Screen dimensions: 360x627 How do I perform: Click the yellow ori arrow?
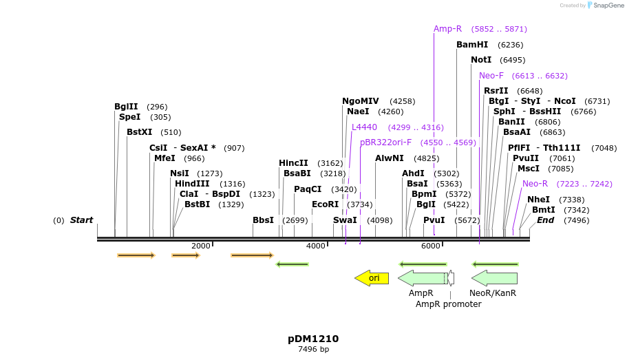372,278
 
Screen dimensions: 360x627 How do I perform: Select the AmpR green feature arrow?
422,278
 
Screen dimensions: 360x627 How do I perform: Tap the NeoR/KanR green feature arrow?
494,278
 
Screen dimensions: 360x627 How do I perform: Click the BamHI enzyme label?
472,45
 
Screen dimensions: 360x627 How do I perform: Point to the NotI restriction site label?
481,60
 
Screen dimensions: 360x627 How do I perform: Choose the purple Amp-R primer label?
447,29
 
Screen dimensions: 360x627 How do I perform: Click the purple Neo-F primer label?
491,76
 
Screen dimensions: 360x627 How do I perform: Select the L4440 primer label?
364,127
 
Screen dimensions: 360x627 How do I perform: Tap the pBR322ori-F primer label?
385,142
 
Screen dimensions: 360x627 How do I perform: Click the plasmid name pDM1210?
313,339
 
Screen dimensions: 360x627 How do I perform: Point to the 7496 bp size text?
313,350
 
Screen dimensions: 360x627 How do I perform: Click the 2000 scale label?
201,246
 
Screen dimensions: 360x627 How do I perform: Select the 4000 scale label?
316,246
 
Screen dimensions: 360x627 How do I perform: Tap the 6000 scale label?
431,246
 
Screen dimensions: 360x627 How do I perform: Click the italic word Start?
81,220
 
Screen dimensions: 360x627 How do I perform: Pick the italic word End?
546,220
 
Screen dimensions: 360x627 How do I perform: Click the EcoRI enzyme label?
326,204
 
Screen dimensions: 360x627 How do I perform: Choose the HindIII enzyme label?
191,184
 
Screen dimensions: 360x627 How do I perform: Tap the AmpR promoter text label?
449,304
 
